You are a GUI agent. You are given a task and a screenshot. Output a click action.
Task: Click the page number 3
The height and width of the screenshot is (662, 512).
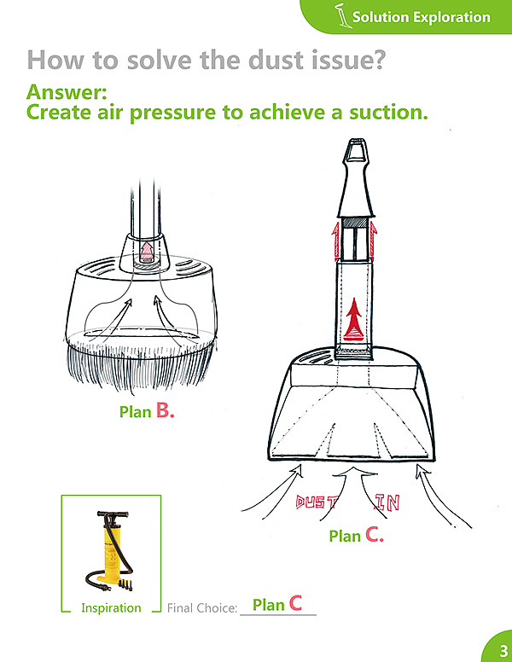click(x=503, y=650)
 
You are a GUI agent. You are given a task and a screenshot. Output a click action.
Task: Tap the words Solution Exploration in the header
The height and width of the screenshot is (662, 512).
click(x=422, y=17)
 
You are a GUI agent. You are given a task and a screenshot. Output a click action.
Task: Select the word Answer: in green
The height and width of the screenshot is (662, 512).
click(x=67, y=92)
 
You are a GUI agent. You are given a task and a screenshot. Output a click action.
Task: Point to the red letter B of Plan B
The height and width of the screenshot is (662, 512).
click(x=163, y=409)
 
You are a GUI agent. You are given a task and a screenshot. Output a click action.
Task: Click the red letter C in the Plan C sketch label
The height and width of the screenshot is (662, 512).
click(x=372, y=535)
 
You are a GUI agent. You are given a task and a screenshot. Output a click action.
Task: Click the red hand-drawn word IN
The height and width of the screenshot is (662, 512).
click(x=387, y=502)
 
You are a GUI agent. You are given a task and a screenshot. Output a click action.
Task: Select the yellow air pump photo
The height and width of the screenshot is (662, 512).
click(x=111, y=550)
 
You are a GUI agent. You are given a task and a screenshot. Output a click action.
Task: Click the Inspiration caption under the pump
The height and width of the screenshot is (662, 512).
click(x=111, y=608)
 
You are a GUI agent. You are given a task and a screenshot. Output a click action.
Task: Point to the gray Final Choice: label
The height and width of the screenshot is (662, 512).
click(x=202, y=608)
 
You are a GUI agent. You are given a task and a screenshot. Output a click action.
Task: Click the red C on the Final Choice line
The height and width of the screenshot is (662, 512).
click(x=296, y=603)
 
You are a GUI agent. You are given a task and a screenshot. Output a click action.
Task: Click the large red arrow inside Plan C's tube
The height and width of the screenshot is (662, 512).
click(x=353, y=319)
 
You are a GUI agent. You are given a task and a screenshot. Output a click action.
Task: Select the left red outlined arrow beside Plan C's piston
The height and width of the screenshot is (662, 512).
click(x=336, y=242)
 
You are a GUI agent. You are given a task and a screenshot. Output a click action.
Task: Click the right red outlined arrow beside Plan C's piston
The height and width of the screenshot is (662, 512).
click(x=374, y=241)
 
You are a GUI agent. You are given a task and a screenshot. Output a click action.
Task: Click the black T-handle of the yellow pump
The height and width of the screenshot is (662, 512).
click(x=113, y=514)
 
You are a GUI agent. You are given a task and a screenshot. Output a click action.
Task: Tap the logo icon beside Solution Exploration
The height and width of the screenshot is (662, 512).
click(x=342, y=15)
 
